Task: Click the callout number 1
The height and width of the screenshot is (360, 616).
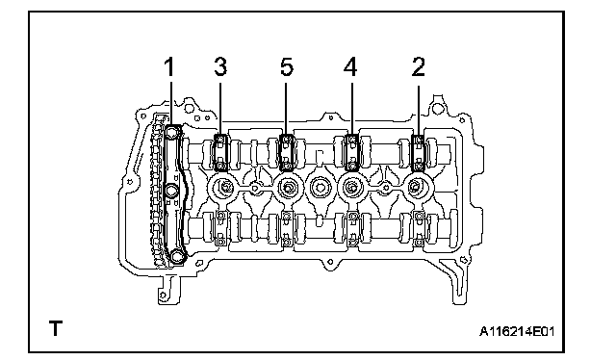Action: coord(169,66)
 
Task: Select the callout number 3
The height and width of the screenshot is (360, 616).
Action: coord(220,66)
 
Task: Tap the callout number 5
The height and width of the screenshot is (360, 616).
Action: coord(287,66)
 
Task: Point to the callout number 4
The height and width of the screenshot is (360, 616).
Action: coord(350,66)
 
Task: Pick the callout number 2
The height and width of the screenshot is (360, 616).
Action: coord(419,66)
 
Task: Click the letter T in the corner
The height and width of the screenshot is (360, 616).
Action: coord(56,328)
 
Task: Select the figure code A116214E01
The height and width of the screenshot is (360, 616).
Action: coord(517,332)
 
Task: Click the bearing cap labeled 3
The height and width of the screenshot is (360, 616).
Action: coord(221,152)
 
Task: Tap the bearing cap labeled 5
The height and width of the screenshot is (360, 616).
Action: coord(287,152)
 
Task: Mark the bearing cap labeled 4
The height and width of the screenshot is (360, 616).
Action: coord(351,152)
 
